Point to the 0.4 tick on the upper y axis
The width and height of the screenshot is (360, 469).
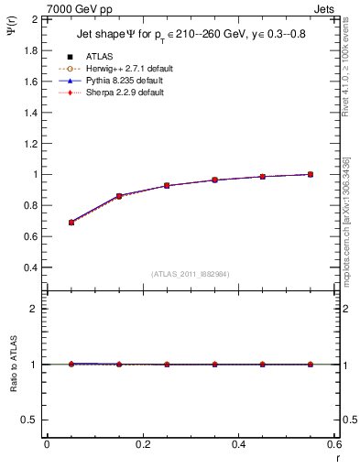[30, 267]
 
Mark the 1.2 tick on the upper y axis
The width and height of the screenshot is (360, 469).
[30, 143]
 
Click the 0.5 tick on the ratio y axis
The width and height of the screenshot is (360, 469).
[30, 420]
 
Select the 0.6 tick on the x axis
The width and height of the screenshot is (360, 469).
[335, 444]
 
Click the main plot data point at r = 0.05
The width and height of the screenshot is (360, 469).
[71, 223]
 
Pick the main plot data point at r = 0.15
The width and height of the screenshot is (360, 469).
[119, 196]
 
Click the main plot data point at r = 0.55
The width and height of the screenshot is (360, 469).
[311, 174]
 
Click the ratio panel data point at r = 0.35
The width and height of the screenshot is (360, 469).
[215, 365]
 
